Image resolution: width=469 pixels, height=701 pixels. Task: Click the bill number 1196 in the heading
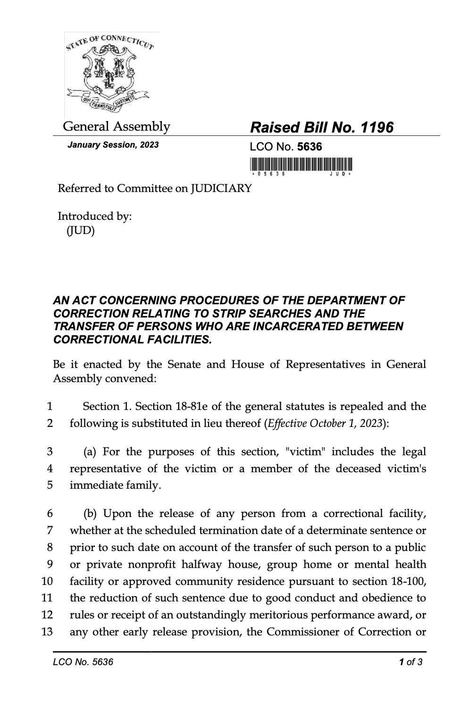point(377,127)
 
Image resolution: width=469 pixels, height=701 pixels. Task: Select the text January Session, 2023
point(113,145)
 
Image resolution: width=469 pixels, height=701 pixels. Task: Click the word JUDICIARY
point(220,189)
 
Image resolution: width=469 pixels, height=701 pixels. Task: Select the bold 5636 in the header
point(310,147)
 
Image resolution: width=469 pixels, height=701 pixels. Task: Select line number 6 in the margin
point(50,513)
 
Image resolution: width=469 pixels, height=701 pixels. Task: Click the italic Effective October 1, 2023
point(325,423)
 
